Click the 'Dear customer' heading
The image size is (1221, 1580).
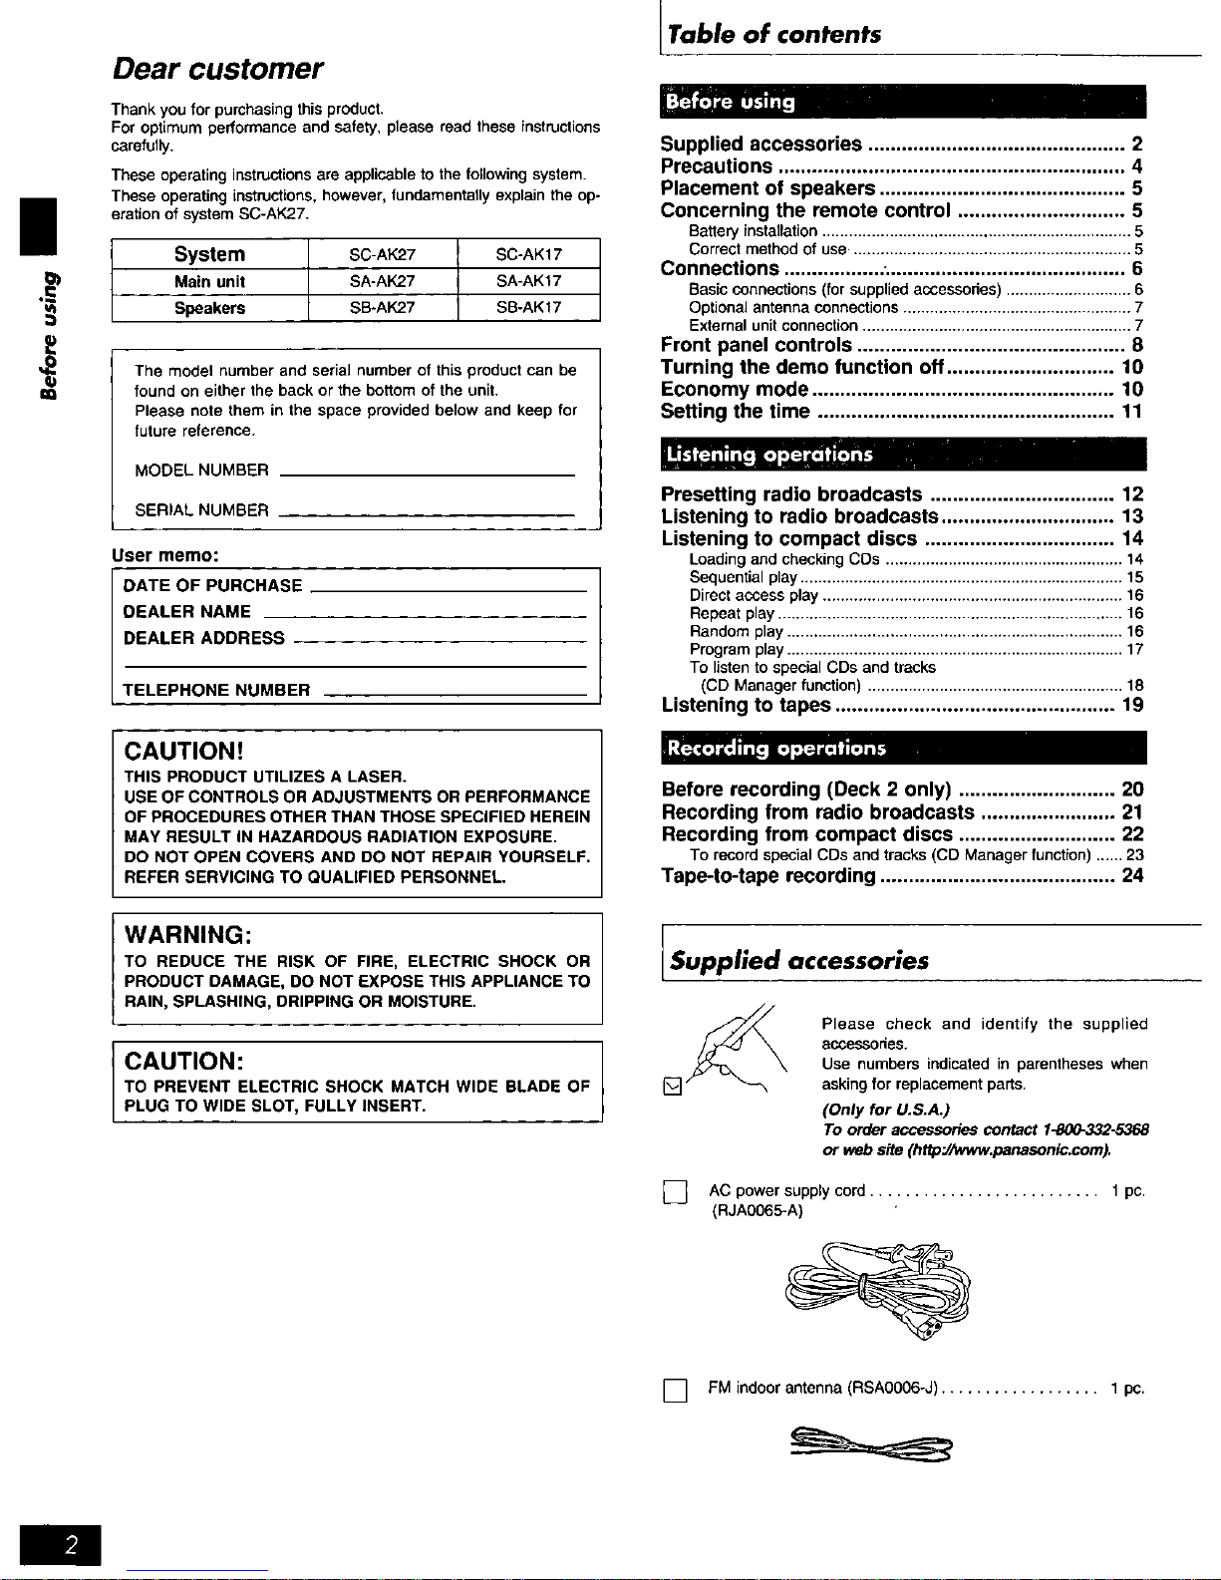pyautogui.click(x=217, y=69)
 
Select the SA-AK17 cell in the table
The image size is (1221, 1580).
pyautogui.click(x=528, y=281)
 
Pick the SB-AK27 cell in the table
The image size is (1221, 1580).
pyautogui.click(x=382, y=308)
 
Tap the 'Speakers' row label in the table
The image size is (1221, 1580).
pyautogui.click(x=209, y=308)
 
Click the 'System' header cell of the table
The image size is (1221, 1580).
pyautogui.click(x=209, y=254)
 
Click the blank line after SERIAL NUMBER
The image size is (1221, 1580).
pyautogui.click(x=426, y=514)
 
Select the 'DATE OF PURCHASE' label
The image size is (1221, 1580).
pyautogui.click(x=212, y=586)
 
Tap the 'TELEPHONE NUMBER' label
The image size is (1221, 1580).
pyautogui.click(x=216, y=690)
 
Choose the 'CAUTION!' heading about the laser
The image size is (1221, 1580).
pyautogui.click(x=184, y=751)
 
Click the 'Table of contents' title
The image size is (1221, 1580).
pyautogui.click(x=774, y=35)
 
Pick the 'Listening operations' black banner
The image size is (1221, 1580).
pyautogui.click(x=903, y=455)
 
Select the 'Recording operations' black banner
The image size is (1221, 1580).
pyautogui.click(x=903, y=748)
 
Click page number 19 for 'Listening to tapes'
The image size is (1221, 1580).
pyautogui.click(x=1132, y=706)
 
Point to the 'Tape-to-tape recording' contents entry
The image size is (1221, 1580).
pyautogui.click(x=768, y=876)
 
